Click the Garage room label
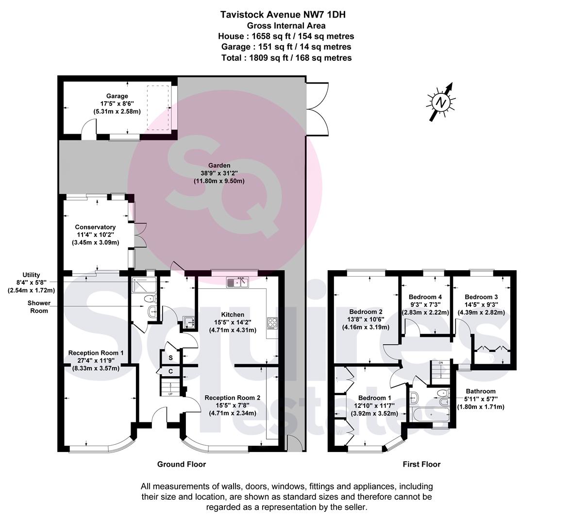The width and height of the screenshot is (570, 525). point(117,96)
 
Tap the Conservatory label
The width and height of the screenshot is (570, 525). point(95,227)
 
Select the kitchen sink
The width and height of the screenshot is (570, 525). point(237,282)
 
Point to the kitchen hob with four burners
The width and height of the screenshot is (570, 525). point(272,323)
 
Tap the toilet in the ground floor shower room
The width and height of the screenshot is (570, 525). point(150,298)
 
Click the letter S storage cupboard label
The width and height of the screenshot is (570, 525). point(170,358)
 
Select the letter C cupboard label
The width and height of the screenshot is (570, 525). point(170,371)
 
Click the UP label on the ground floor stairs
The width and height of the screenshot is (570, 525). point(170,394)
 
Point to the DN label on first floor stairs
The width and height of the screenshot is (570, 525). point(440,363)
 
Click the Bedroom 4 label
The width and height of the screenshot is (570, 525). point(425,297)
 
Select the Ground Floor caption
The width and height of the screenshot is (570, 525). point(182,464)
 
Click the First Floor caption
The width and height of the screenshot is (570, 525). point(421,464)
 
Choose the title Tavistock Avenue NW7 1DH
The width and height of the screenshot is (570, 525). point(283,15)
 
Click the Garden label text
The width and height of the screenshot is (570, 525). point(219,165)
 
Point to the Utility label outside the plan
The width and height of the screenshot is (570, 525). point(31,275)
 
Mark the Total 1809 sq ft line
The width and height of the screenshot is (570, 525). point(286,58)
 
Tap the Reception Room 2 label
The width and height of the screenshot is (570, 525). point(232,398)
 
